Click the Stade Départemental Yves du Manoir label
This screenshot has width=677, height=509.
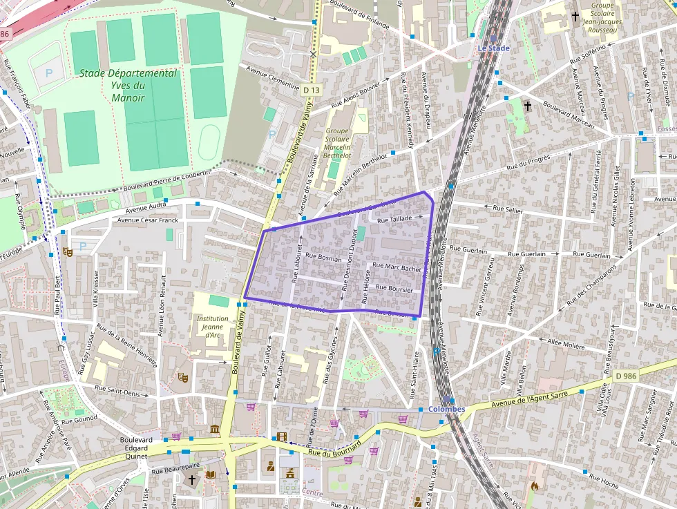(128, 85)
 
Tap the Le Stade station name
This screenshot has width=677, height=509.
(493, 48)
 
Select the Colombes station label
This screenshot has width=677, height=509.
(446, 409)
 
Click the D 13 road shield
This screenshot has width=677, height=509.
(312, 90)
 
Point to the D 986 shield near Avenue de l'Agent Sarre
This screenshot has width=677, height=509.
(625, 376)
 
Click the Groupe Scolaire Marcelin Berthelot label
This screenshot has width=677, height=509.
(338, 143)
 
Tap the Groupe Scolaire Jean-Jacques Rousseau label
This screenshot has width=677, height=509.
(602, 18)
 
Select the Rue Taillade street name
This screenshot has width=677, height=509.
(394, 218)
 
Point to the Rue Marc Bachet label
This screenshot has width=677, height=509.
(397, 267)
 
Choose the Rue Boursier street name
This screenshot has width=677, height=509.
(394, 288)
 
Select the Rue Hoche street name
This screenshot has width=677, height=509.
(603, 481)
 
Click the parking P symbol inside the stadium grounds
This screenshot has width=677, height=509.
(48, 72)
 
